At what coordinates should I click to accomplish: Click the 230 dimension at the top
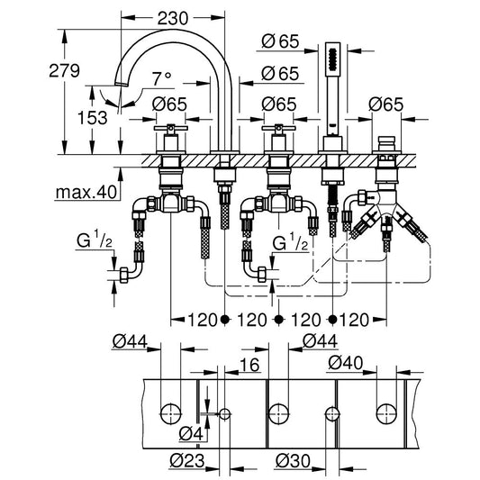(172, 18)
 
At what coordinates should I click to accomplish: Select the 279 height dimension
(64, 70)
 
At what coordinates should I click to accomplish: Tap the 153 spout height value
(93, 118)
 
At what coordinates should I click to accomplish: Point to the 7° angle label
(162, 78)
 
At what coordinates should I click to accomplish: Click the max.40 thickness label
(86, 192)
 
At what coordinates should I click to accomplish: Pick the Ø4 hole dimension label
(191, 433)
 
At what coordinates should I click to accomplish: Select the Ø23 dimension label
(186, 461)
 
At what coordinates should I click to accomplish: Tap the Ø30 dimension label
(293, 461)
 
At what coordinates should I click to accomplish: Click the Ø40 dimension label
(345, 363)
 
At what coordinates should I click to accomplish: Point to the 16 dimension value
(249, 365)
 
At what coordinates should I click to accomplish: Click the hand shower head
(332, 59)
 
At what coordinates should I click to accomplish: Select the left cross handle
(171, 128)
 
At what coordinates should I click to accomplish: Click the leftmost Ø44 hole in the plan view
(171, 414)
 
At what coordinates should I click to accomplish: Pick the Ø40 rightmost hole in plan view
(386, 414)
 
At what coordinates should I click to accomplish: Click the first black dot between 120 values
(225, 320)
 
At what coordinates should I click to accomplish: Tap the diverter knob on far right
(386, 143)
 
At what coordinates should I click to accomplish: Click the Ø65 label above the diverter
(385, 104)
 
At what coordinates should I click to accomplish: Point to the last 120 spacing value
(354, 320)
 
